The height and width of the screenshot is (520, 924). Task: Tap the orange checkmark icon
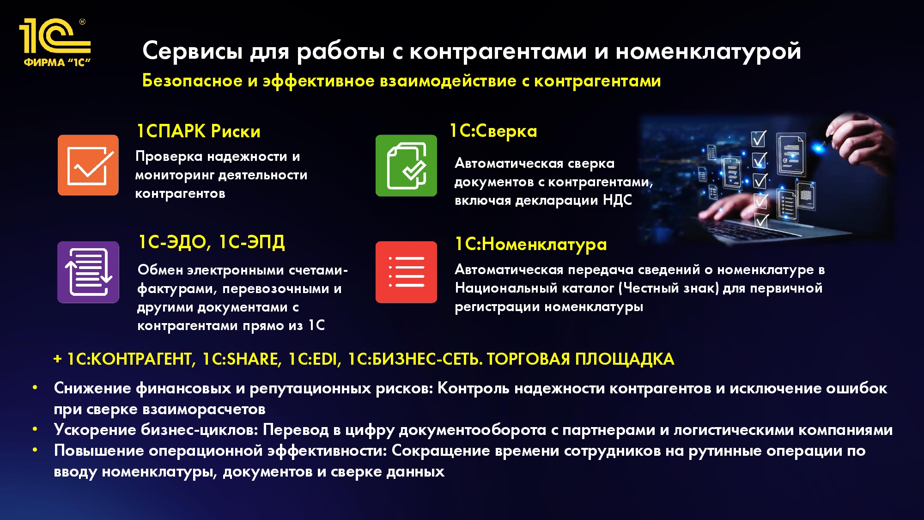(x=88, y=165)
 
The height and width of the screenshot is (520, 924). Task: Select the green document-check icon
(x=406, y=165)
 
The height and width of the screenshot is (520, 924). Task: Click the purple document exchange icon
(x=88, y=272)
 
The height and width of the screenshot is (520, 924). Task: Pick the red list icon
(x=406, y=272)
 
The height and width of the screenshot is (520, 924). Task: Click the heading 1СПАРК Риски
(x=199, y=131)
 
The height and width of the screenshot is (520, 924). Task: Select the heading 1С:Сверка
(x=493, y=131)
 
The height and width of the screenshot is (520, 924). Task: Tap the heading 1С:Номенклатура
(x=531, y=244)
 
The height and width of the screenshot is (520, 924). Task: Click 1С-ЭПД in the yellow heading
(x=252, y=242)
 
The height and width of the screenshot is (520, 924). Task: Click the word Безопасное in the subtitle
(x=193, y=80)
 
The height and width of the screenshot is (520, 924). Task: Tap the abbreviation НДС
(x=617, y=200)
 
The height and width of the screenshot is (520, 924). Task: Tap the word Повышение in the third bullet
(x=99, y=451)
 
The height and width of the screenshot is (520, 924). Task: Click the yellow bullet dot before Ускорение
(x=35, y=429)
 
